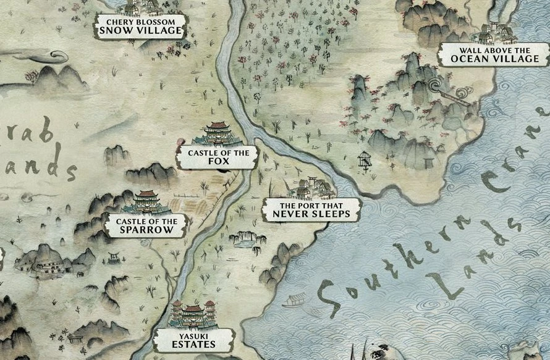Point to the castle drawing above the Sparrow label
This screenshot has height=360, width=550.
146,202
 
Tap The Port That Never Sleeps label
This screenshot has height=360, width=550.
311,210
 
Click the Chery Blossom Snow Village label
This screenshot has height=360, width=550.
141,26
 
